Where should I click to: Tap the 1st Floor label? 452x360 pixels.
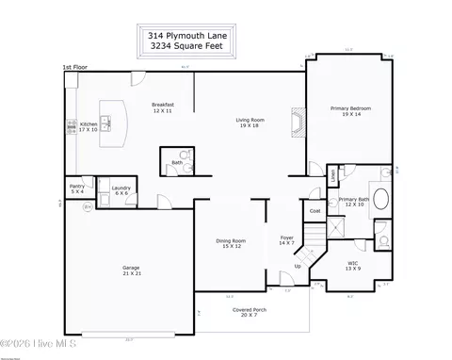[x=76, y=67]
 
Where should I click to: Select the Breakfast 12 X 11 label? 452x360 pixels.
[x=164, y=107]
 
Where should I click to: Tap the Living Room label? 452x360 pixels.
[x=250, y=123]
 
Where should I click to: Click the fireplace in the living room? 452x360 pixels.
[x=299, y=123]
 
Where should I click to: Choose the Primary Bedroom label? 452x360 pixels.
[x=350, y=110]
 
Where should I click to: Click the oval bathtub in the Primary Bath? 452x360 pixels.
[x=381, y=199]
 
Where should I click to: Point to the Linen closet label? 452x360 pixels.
[x=332, y=174]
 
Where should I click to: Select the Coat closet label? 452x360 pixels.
[x=315, y=211]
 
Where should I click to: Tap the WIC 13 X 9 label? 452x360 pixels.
[x=352, y=265]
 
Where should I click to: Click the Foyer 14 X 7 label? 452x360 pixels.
[x=287, y=240]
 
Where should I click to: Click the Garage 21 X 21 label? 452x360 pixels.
[x=131, y=270]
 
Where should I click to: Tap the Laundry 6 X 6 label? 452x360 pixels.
[x=121, y=190]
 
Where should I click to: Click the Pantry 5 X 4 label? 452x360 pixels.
[x=76, y=189]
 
